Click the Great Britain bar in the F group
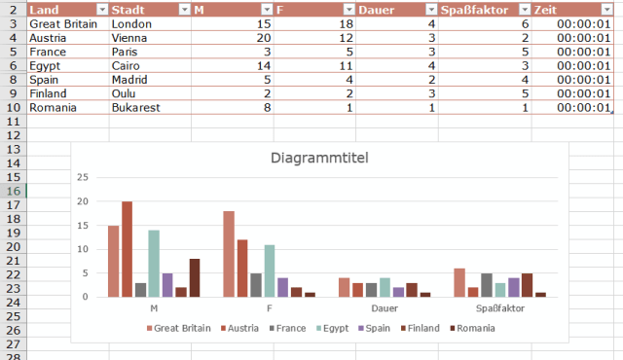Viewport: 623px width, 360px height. point(229,254)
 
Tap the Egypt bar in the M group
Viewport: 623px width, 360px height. point(154,264)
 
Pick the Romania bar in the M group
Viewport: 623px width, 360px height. point(195,278)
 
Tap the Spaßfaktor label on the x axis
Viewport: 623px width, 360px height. point(499,308)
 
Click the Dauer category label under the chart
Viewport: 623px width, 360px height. point(385,308)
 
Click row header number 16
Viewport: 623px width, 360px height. point(14,192)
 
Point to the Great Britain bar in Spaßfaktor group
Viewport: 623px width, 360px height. point(459,282)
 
